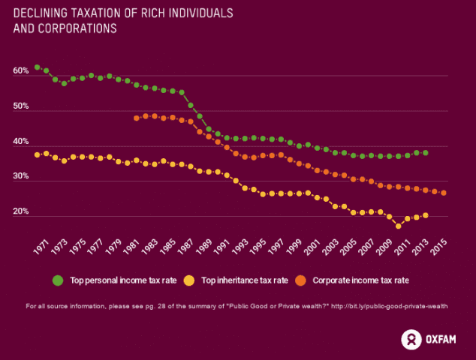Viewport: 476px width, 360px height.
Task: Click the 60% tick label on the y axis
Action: (21, 72)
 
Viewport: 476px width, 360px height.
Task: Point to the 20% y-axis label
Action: (21, 212)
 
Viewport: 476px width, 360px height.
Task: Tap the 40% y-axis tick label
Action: (21, 142)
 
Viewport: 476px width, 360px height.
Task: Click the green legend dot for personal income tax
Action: (58, 280)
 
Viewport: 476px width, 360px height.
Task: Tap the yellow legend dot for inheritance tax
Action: (189, 280)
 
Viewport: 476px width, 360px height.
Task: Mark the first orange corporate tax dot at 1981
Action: (137, 118)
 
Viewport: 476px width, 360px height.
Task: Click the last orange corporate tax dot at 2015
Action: (444, 193)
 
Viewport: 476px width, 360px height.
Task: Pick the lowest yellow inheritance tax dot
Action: (399, 226)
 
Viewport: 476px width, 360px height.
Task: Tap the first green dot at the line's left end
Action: (37, 67)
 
